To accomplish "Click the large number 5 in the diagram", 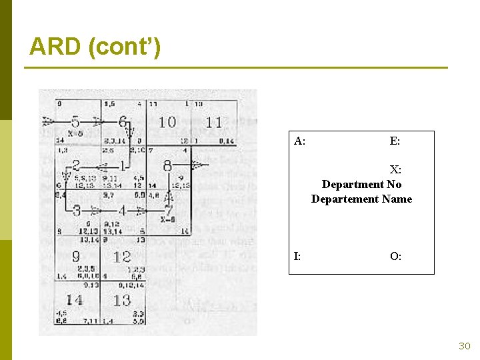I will click(x=75, y=122).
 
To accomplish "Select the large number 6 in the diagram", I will click(x=123, y=122).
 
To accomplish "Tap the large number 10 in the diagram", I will click(x=167, y=122).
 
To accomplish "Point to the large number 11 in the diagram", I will click(x=213, y=122).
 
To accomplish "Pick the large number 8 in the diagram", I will click(x=167, y=165).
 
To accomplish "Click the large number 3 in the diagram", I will click(x=76, y=211).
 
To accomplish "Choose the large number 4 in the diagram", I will click(x=122, y=211).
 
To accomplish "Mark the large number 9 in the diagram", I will click(x=76, y=255).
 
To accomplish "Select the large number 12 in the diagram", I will click(x=122, y=255).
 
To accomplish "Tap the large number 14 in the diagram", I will click(x=74, y=300).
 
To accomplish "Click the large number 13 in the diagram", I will click(x=122, y=300).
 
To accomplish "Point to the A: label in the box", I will click(x=300, y=141).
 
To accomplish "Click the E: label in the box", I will click(x=395, y=141).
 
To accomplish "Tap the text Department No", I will click(x=361, y=184).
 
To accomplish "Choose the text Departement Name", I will click(x=361, y=199).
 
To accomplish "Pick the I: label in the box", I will click(x=297, y=256).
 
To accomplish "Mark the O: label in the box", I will click(x=395, y=256).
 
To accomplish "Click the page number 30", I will click(x=464, y=346).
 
